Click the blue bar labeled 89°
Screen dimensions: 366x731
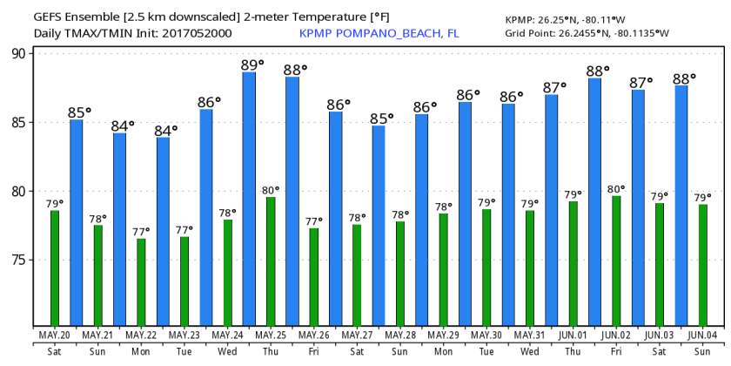(x=249, y=200)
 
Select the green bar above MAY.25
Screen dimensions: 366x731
(x=271, y=262)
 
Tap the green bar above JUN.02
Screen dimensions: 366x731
(x=616, y=261)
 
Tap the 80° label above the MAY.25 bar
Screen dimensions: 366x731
(x=271, y=190)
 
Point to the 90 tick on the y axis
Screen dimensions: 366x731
(x=21, y=53)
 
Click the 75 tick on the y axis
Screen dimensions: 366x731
(x=21, y=260)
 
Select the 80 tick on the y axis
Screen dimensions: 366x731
(x=21, y=191)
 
